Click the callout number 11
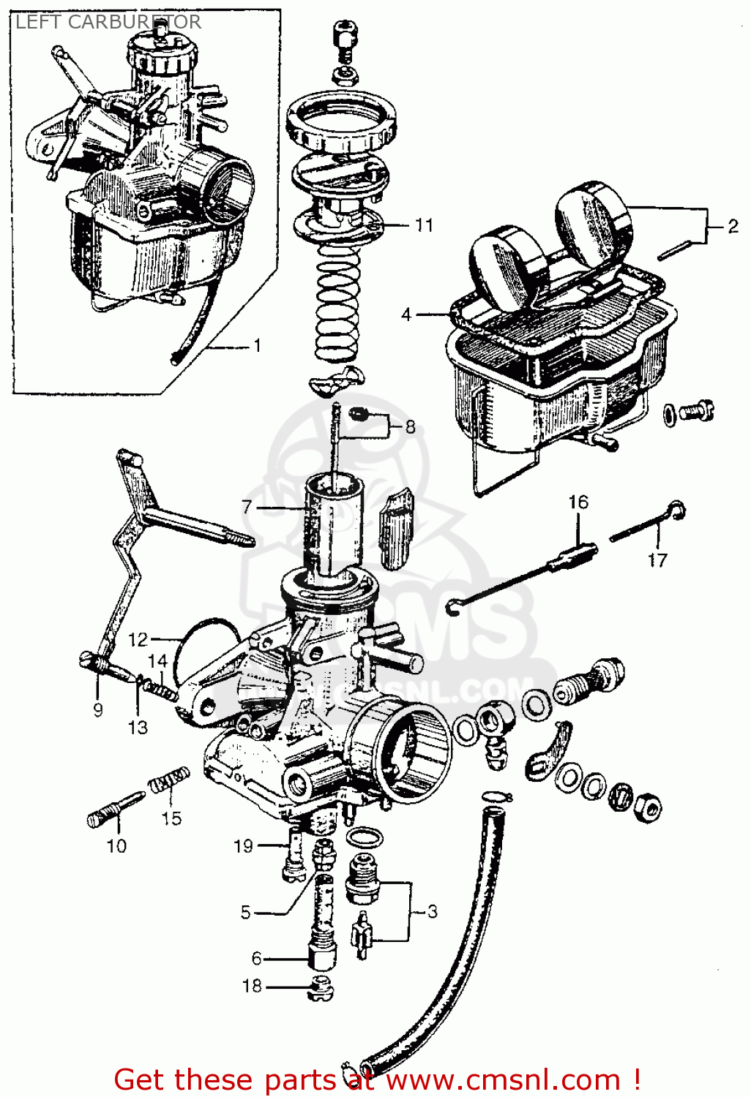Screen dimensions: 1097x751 424,225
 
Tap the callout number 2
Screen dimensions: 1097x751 733,227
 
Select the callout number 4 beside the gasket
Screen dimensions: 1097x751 406,314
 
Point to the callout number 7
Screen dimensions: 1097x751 247,507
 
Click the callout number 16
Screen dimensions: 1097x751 578,502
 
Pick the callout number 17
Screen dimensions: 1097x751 657,560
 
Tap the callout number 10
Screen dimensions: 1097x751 116,846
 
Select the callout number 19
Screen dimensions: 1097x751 243,846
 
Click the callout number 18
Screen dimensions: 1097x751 252,986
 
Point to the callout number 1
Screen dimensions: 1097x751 257,345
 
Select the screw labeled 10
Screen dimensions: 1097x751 113,810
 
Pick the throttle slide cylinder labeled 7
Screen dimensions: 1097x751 333,523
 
